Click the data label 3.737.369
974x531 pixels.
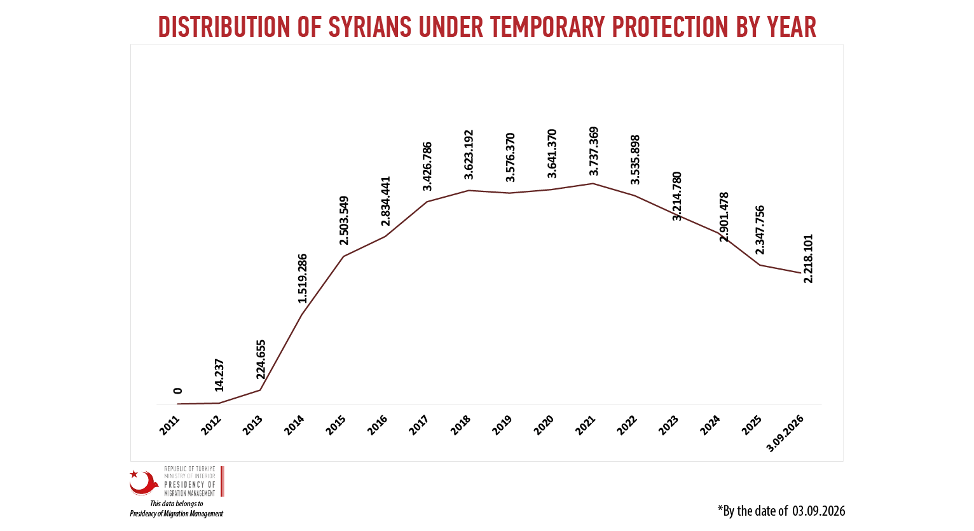click(x=594, y=151)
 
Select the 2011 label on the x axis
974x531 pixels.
click(x=170, y=425)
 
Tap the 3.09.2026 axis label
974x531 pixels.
click(x=785, y=434)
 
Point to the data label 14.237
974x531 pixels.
click(x=219, y=375)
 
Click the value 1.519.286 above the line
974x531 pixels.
click(x=302, y=279)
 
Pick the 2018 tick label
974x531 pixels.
click(x=460, y=425)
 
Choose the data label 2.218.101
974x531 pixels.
click(x=808, y=259)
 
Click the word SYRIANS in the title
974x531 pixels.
click(x=369, y=27)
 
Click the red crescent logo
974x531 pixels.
click(x=144, y=483)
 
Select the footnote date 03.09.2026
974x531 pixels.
click(x=818, y=511)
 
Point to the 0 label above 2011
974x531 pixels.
click(x=177, y=390)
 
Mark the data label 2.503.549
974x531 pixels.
click(x=344, y=221)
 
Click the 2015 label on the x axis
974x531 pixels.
click(x=336, y=425)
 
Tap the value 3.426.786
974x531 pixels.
click(x=427, y=166)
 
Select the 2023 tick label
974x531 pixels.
click(x=668, y=425)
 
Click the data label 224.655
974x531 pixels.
click(x=261, y=359)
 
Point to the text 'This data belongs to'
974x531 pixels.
click(x=177, y=504)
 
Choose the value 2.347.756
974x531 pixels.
click(x=760, y=230)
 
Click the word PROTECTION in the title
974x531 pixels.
click(x=669, y=27)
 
